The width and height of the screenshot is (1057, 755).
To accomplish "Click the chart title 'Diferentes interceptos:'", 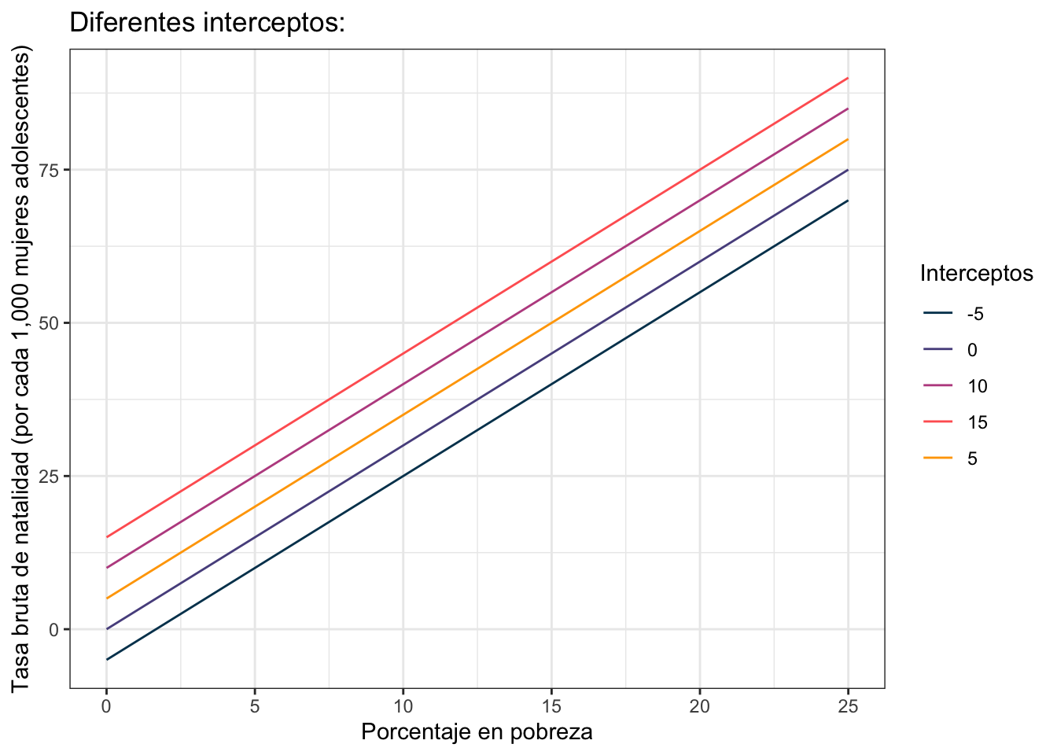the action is click(x=207, y=23).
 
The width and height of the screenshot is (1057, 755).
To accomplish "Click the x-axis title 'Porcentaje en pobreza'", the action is click(x=477, y=732).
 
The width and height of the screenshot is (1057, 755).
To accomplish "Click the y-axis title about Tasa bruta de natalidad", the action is click(x=20, y=369).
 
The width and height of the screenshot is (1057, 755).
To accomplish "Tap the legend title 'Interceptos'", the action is click(x=976, y=273).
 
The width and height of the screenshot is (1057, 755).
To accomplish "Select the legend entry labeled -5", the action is click(x=953, y=314).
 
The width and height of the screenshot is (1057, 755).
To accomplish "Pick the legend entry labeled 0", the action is click(x=950, y=350).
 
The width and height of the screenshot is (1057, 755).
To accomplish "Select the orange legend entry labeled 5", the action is click(x=950, y=459).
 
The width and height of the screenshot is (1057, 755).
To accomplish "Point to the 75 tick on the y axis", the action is click(x=48, y=170).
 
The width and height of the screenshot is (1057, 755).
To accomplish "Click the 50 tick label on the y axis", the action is click(x=48, y=323).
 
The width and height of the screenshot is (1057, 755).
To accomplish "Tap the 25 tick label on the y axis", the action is click(x=48, y=476).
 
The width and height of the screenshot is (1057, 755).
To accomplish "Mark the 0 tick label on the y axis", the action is click(x=53, y=629).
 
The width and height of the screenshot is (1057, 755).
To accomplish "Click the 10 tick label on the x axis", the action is click(x=403, y=706).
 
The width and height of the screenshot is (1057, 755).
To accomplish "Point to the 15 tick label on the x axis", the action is click(x=551, y=706).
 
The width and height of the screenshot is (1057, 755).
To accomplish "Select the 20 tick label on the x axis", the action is click(x=700, y=706).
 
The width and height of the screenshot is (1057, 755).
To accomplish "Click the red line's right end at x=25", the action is click(x=848, y=78).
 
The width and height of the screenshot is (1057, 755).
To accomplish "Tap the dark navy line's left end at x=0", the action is click(x=107, y=660).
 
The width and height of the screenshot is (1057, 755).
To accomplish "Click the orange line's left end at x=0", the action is click(x=107, y=598).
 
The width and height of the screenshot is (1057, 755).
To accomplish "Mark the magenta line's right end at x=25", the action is click(x=848, y=109).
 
